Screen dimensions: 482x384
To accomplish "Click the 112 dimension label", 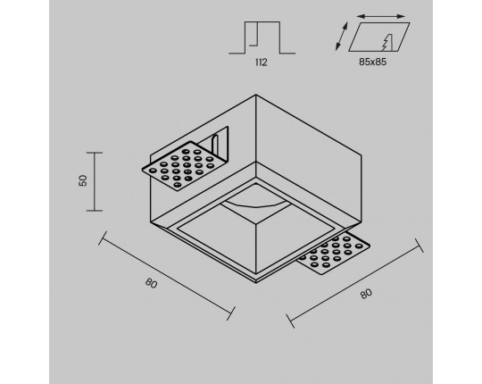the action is click(262, 63).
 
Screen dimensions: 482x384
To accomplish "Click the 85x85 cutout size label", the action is click(372, 62).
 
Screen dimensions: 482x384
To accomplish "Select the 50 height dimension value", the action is click(83, 180).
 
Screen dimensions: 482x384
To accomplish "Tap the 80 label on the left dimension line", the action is click(151, 283).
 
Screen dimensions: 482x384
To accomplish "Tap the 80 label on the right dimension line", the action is click(366, 294).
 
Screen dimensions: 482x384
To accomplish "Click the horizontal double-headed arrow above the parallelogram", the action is click(381, 16).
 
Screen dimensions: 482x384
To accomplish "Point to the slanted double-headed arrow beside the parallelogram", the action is click(342, 36).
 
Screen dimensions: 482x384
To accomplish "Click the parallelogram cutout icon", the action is click(379, 37).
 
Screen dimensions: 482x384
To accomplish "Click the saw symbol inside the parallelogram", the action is click(388, 42).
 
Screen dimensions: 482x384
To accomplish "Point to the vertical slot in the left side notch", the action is click(215, 144).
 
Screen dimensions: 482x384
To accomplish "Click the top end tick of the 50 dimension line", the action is click(95, 153).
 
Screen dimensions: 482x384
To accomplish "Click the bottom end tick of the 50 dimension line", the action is click(95, 211).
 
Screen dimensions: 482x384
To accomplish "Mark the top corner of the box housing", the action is click(256, 95).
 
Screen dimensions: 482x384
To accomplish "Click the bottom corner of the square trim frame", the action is click(256, 282).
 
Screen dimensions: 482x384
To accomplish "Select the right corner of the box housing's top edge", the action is click(361, 155).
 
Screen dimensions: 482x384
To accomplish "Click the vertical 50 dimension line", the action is click(95, 181).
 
